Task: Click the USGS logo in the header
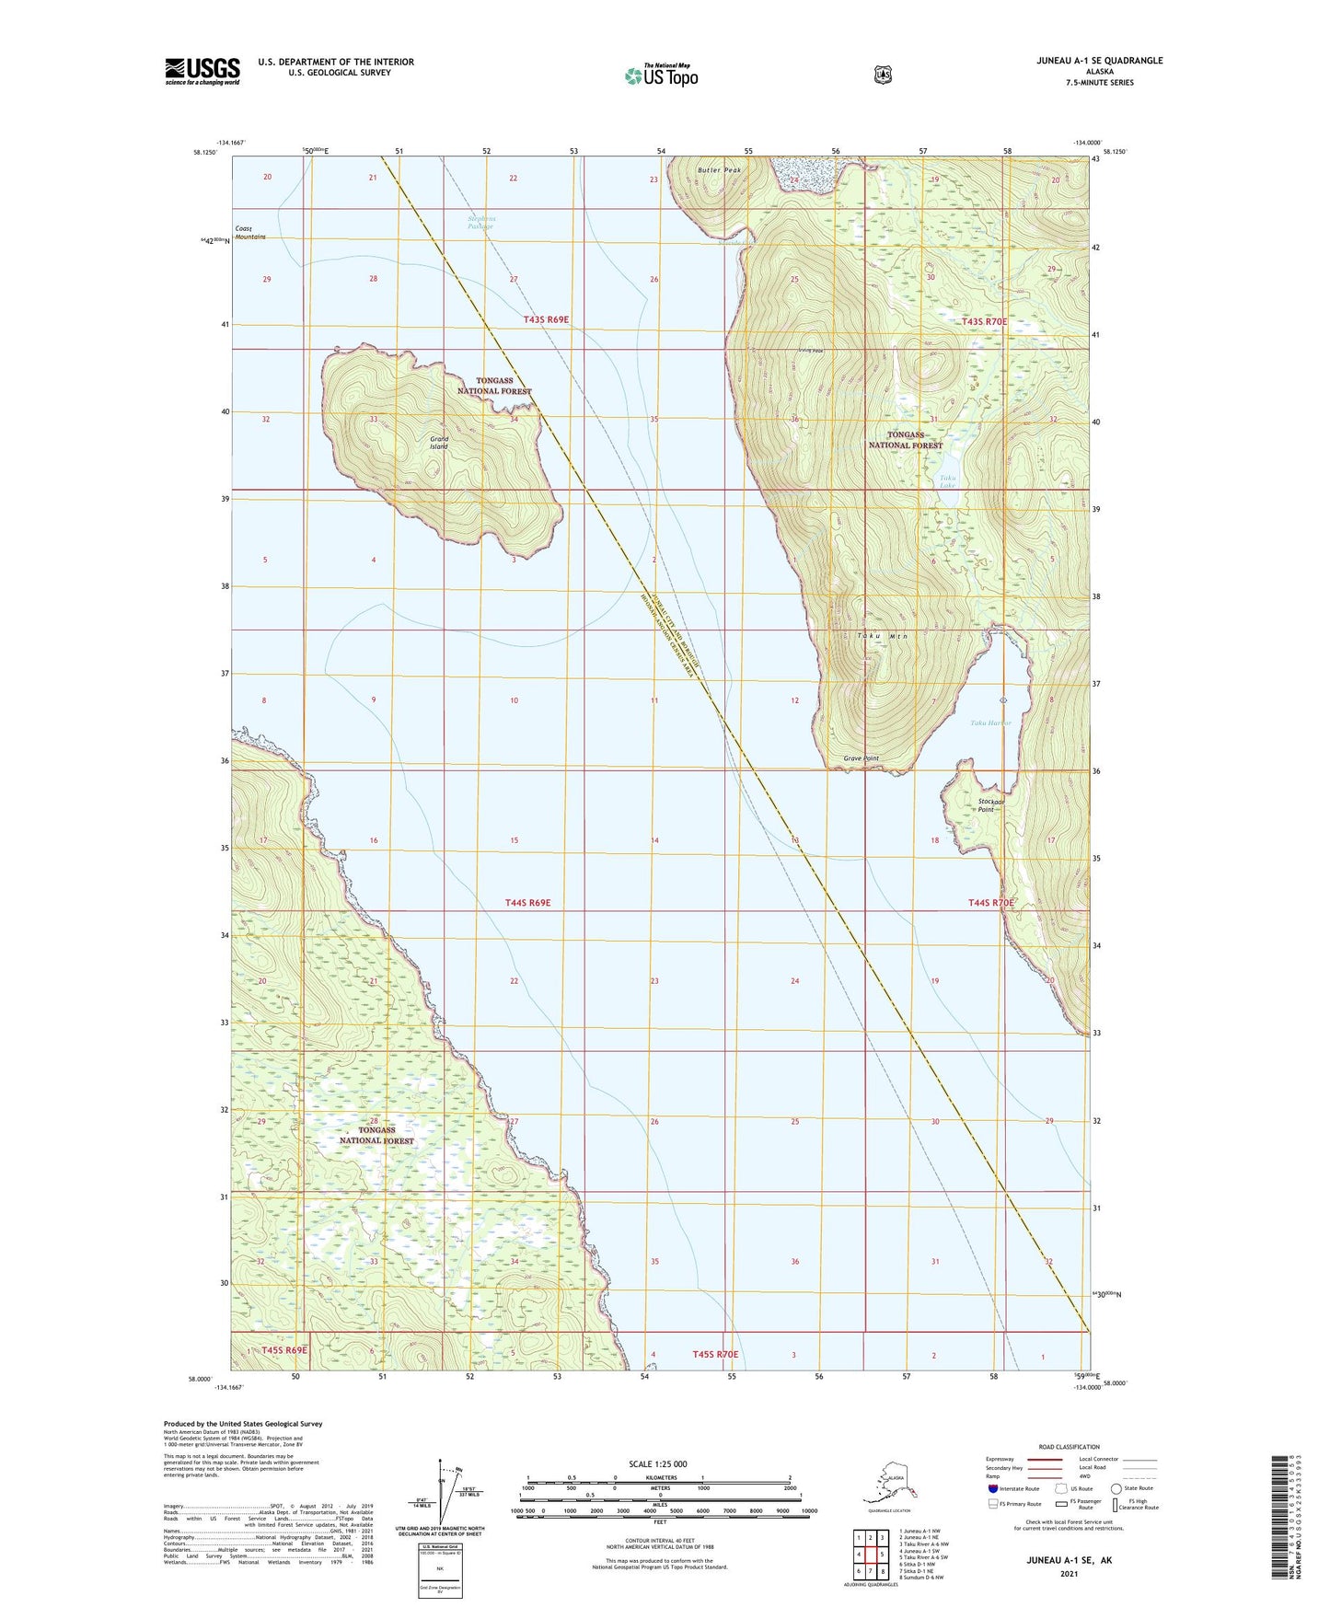click(x=202, y=71)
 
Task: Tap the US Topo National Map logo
click(x=660, y=75)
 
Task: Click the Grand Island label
click(x=439, y=443)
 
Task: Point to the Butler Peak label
click(x=719, y=170)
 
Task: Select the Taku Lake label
click(x=947, y=481)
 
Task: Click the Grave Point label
click(x=862, y=758)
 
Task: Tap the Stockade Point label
click(x=990, y=804)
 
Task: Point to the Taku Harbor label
click(x=990, y=723)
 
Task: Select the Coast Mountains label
click(x=249, y=232)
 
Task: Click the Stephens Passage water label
click(x=480, y=222)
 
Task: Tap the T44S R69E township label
click(x=527, y=903)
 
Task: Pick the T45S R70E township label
click(x=715, y=1354)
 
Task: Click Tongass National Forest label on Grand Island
click(x=494, y=386)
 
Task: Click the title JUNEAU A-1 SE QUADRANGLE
click(x=1086, y=61)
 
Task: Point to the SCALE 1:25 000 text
click(x=658, y=1463)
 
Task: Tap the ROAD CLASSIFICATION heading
click(x=1069, y=1447)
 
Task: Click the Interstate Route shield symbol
click(x=992, y=1487)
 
